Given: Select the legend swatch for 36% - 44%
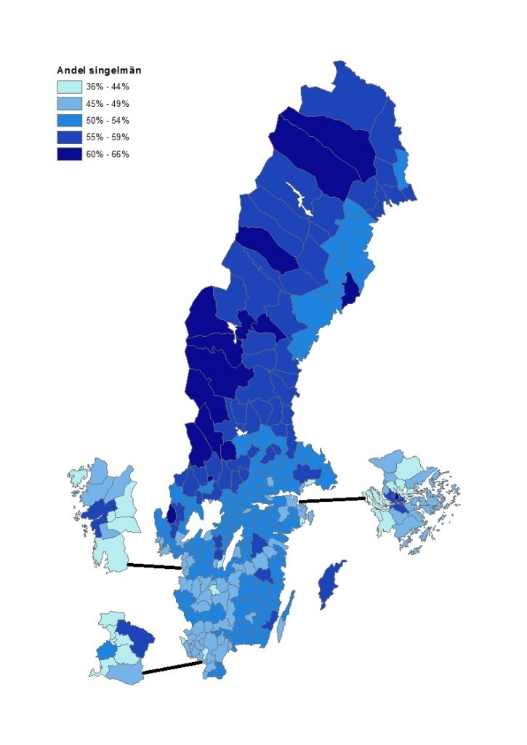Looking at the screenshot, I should tap(69, 87).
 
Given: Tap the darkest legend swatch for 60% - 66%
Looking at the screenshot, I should tap(69, 154).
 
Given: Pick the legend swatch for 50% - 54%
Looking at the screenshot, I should tap(69, 120).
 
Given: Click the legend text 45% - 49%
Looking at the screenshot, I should tap(107, 103).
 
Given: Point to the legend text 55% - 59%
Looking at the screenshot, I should tap(107, 137).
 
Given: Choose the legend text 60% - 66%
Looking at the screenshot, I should tap(107, 154).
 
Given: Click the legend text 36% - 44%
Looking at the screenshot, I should tap(107, 87).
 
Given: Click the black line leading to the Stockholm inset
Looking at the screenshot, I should tap(331, 500).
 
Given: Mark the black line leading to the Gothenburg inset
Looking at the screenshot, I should tap(154, 566).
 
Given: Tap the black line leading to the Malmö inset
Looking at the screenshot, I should tap(172, 667).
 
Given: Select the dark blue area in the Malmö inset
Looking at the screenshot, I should tap(137, 637).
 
